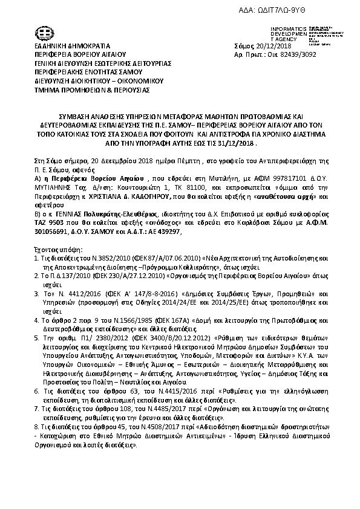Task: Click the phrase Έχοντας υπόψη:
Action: [54, 248]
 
